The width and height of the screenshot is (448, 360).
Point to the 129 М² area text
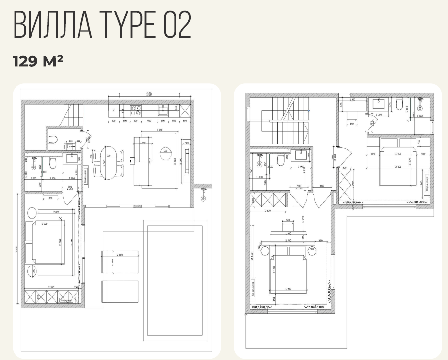[x=38, y=62]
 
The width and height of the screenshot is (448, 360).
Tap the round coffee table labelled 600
[x=165, y=150]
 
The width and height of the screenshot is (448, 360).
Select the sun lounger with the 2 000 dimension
[x=119, y=261]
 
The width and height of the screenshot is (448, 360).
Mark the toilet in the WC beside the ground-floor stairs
[x=53, y=140]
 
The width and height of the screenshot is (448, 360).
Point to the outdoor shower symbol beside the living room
[x=203, y=194]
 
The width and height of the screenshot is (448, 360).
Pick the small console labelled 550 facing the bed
[x=288, y=224]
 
